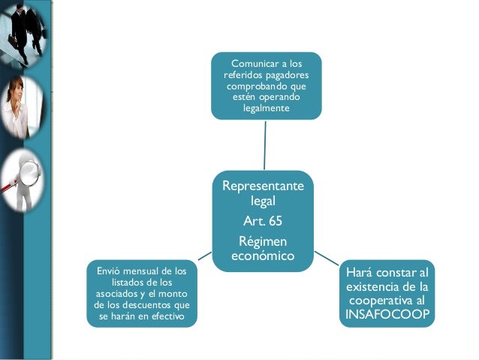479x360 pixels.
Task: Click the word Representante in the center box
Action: coord(262,186)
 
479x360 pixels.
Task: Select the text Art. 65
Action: coord(263,221)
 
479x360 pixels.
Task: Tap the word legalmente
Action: coord(266,110)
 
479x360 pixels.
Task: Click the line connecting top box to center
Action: coord(265,144)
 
